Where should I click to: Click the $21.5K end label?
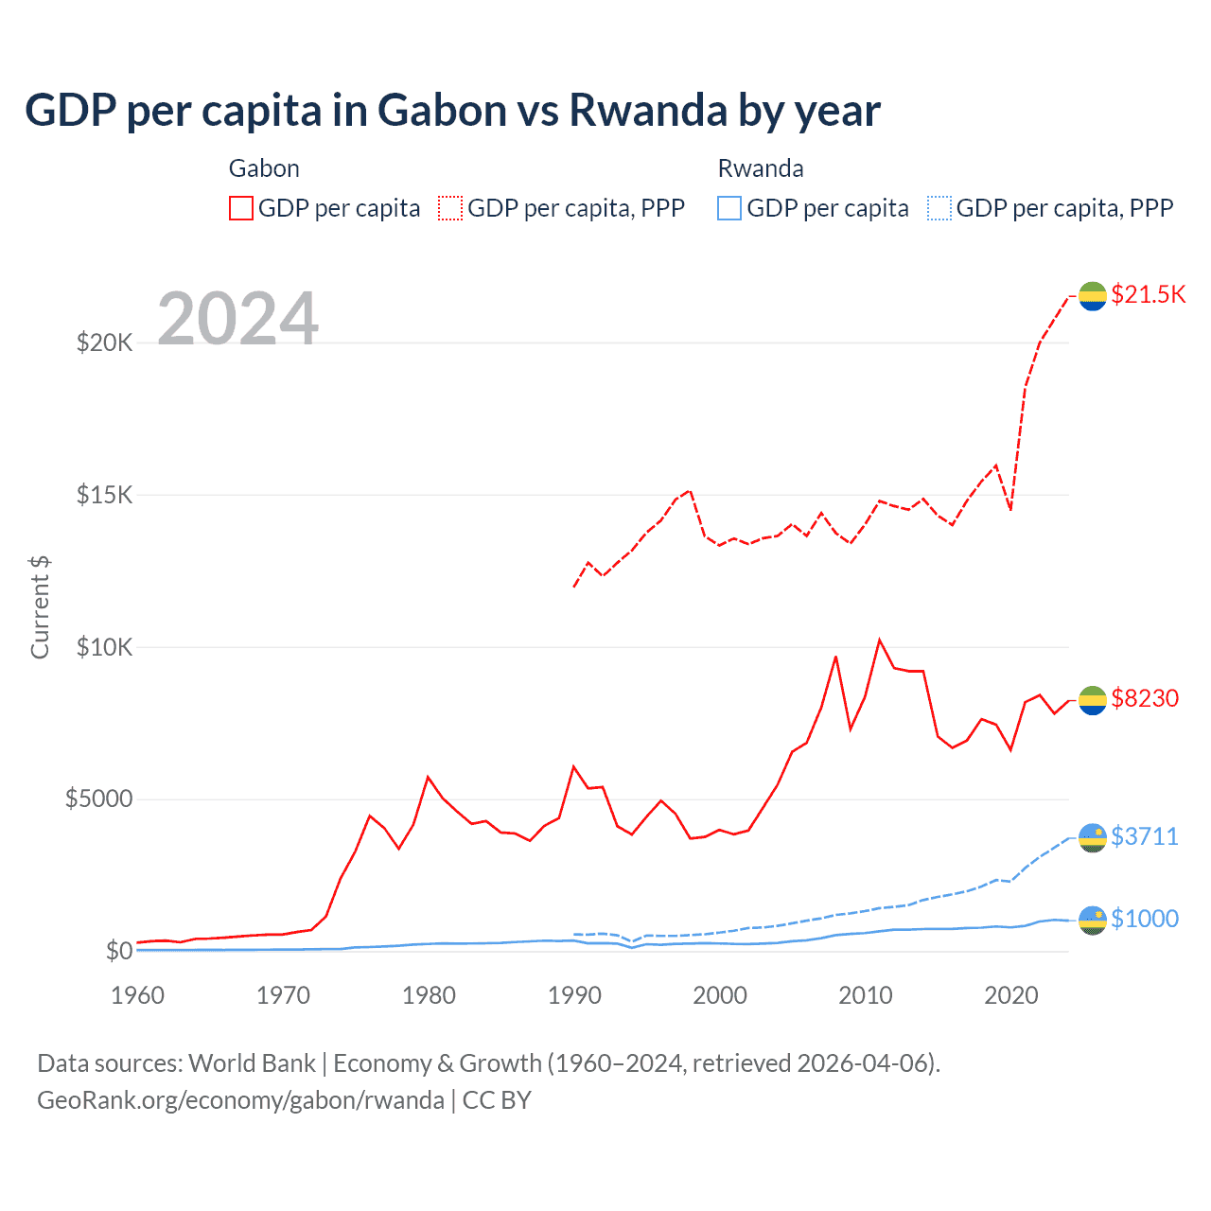(1148, 294)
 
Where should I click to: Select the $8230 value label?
(1145, 698)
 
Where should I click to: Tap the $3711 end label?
(1145, 836)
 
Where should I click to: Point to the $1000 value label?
(1145, 919)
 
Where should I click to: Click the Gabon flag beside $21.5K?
(1093, 296)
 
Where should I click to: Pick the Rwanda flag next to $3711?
(1093, 837)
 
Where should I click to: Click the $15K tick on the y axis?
(105, 495)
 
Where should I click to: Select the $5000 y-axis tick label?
(98, 799)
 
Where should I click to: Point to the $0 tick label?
(118, 951)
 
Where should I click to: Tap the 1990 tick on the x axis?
(574, 995)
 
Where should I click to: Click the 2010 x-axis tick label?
(866, 995)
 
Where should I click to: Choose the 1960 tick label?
(138, 995)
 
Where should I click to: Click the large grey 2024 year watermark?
(237, 319)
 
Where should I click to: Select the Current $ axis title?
(40, 607)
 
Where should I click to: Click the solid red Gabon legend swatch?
(241, 208)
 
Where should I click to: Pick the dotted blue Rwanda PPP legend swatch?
(939, 208)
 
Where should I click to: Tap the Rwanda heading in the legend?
(761, 168)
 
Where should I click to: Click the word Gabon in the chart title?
(442, 111)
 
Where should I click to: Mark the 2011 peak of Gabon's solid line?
(880, 640)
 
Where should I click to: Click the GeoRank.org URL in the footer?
(240, 1100)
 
